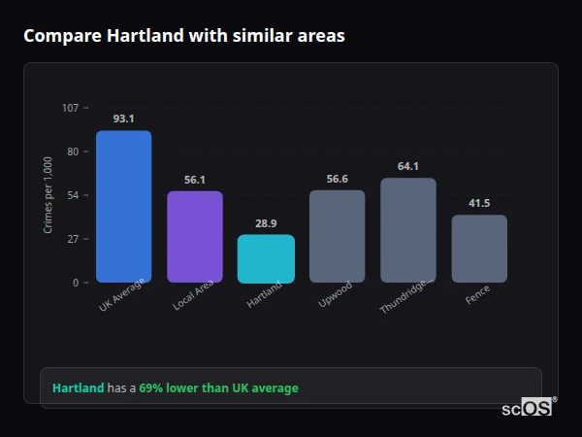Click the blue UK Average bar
[123, 207]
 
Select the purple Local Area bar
[195, 237]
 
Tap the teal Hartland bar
[266, 258]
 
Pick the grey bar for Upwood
[337, 236]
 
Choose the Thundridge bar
[408, 230]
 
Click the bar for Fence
[479, 249]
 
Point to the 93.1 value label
[123, 118]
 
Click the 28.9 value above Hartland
[266, 223]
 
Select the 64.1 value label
[408, 166]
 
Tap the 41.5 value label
[479, 203]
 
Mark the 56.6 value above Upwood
[337, 179]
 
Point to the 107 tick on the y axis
[70, 108]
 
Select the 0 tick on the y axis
[75, 283]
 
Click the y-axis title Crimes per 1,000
[48, 195]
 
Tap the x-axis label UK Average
[122, 296]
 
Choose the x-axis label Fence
[478, 294]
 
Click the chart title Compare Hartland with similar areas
[183, 36]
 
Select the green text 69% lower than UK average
[218, 388]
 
